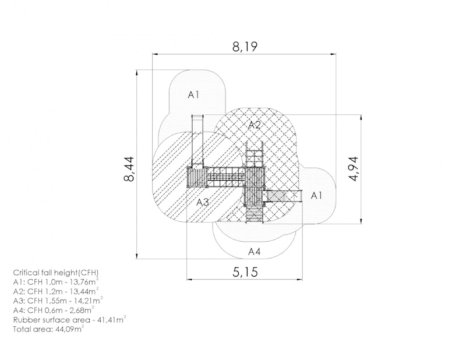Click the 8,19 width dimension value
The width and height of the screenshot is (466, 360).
pos(245,47)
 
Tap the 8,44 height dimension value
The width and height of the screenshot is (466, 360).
pos(129,169)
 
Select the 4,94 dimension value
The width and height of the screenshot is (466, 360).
pos(354,169)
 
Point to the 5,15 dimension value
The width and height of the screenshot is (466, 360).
pos(245,271)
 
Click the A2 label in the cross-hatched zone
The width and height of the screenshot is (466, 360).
pos(255,125)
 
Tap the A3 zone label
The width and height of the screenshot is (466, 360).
pos(203,203)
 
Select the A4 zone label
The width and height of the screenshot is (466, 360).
pos(255,252)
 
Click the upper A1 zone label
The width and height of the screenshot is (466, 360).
pos(193,95)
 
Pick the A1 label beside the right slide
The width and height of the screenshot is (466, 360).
pos(316,196)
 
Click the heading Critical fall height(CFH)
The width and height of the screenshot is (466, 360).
pos(55,273)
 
